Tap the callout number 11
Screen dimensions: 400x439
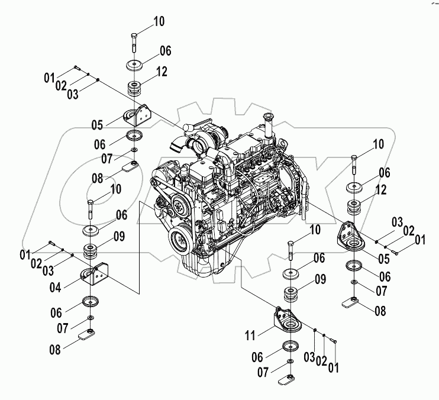click(x=251, y=335)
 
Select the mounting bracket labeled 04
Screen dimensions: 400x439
click(x=95, y=276)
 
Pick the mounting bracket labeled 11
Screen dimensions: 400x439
click(x=286, y=320)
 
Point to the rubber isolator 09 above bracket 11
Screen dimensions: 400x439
click(x=291, y=294)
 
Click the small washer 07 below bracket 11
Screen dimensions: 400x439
click(x=289, y=361)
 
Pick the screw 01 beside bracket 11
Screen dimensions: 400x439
click(x=334, y=340)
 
